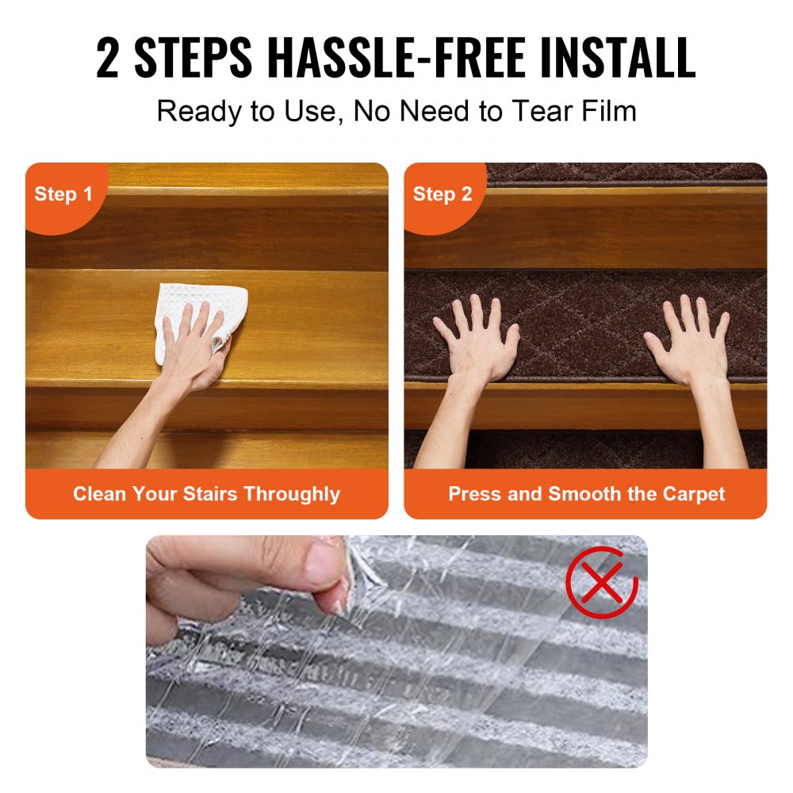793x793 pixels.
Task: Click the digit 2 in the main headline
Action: tap(107, 58)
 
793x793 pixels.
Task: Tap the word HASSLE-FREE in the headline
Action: tap(396, 58)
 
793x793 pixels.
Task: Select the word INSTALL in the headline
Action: tap(618, 58)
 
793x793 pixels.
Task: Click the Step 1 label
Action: tap(63, 194)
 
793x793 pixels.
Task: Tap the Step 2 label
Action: tap(442, 194)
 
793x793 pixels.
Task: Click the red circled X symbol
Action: tap(601, 582)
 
